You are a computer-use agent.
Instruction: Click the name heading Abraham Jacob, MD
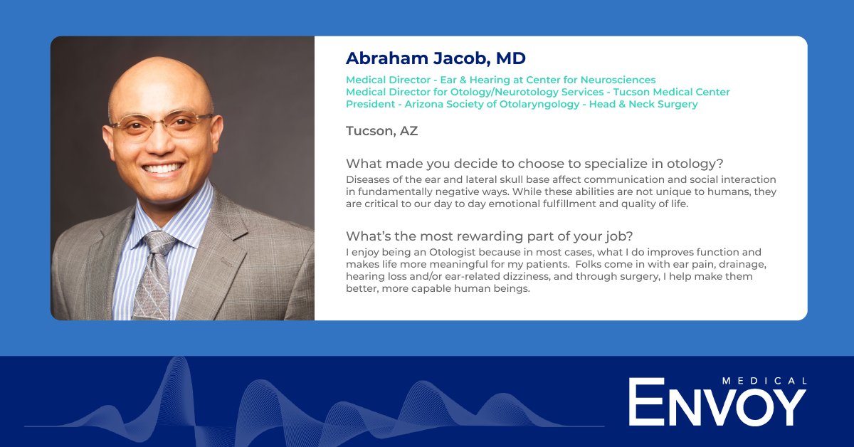pyautogui.click(x=436, y=58)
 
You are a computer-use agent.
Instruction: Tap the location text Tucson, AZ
pyautogui.click(x=381, y=131)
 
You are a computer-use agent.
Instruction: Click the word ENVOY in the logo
pyautogui.click(x=717, y=401)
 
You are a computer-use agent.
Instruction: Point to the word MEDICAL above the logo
pyautogui.click(x=764, y=381)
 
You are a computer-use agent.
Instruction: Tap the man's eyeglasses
pyautogui.click(x=162, y=124)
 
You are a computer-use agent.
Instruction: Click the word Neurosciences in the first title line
pyautogui.click(x=618, y=80)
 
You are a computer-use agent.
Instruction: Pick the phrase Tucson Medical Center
pyautogui.click(x=671, y=92)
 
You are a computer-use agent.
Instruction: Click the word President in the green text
pyautogui.click(x=370, y=104)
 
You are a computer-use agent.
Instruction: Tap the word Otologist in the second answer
pyautogui.click(x=453, y=253)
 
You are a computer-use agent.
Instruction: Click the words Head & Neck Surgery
pyautogui.click(x=643, y=104)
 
